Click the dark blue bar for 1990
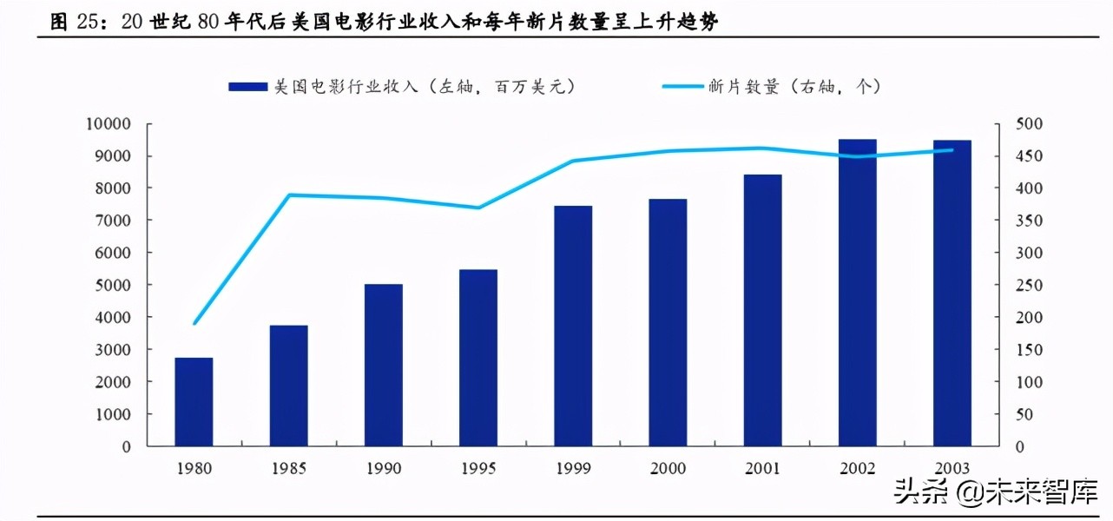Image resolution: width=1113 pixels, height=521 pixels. (x=384, y=365)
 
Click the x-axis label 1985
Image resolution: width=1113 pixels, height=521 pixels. (x=289, y=469)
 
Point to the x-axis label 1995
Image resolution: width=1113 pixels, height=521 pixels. (x=478, y=469)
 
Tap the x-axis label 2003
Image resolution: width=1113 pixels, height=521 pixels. (x=952, y=469)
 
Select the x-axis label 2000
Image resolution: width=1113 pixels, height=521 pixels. (x=668, y=469)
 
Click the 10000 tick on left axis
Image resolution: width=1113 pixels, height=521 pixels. (x=109, y=124)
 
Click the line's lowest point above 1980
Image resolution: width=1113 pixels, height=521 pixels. (x=194, y=324)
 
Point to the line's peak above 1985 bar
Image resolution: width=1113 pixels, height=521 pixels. (x=289, y=195)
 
